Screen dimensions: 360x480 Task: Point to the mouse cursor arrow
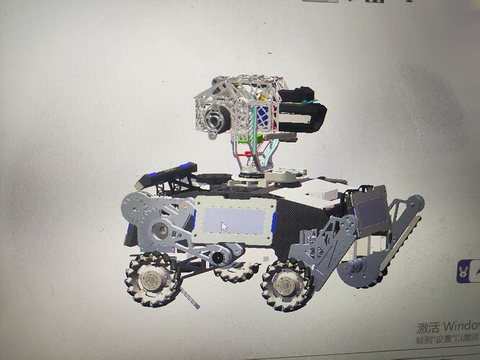pyautogui.click(x=224, y=227)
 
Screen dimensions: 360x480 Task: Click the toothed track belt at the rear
pyautogui.click(x=404, y=230)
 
